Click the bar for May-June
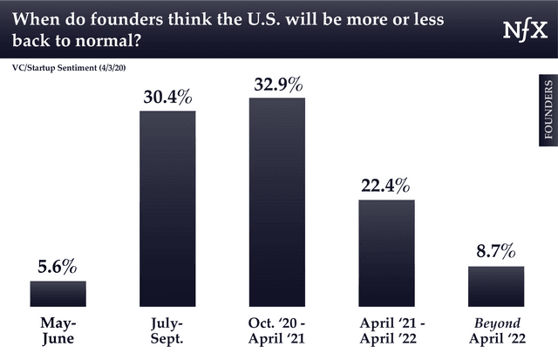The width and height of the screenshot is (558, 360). [x=58, y=294]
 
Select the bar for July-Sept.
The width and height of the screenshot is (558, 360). [x=167, y=209]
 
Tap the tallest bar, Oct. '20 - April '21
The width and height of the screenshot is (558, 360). [x=277, y=202]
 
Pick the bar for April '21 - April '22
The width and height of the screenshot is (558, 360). [x=386, y=253]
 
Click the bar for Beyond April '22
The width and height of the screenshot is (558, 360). [x=496, y=286]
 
